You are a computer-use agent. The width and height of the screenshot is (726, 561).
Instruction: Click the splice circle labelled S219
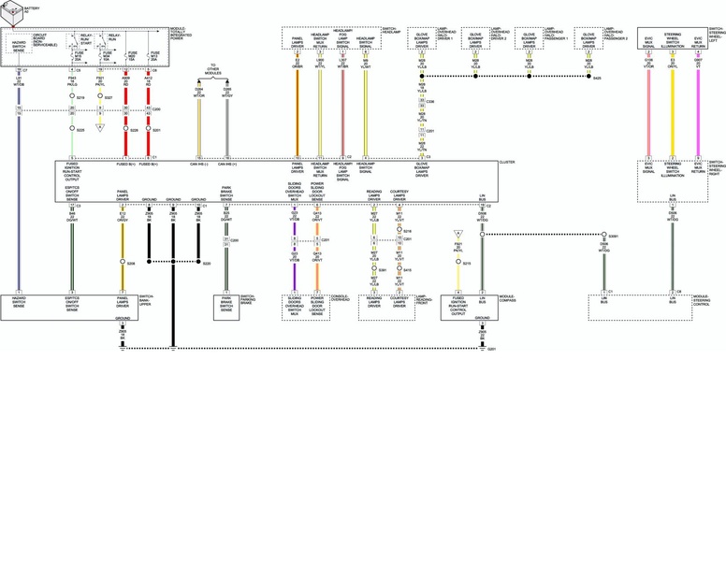(72, 97)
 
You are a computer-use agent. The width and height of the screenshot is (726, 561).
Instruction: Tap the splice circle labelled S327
(99, 97)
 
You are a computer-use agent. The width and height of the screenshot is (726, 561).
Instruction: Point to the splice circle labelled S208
(122, 263)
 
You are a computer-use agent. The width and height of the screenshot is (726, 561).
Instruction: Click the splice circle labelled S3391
(604, 235)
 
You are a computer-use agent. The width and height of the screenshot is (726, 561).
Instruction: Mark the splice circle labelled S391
(373, 269)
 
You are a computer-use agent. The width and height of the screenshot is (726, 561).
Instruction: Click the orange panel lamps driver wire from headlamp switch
(297, 112)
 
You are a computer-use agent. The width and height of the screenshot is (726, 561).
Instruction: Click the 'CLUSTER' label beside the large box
(507, 163)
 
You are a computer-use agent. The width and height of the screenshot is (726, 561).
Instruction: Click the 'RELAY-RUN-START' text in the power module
(85, 39)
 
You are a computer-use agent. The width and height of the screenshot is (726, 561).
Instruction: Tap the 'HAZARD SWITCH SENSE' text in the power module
(19, 45)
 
